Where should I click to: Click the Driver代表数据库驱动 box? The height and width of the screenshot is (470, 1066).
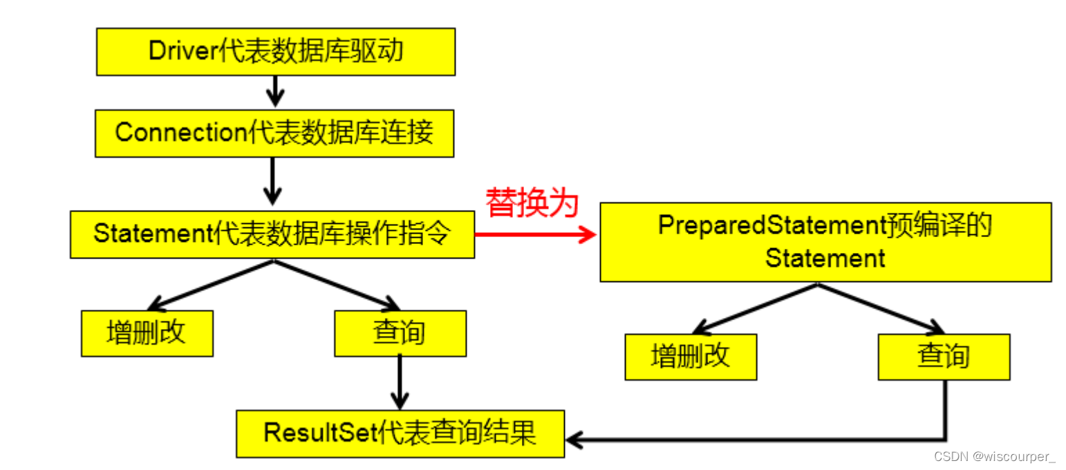click(275, 52)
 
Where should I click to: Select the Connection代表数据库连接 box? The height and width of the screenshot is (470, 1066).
click(274, 133)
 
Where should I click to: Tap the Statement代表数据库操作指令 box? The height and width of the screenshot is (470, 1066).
click(272, 235)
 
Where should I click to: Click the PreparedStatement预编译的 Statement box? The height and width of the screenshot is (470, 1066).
click(825, 242)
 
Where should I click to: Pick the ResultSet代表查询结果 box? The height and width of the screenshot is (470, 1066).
click(400, 433)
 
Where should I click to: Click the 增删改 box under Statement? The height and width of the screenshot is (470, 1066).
click(147, 333)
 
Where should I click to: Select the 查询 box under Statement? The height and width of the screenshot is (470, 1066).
click(400, 333)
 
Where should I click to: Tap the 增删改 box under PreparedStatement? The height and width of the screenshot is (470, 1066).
click(690, 357)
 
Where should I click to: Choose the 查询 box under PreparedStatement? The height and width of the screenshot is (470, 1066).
click(943, 357)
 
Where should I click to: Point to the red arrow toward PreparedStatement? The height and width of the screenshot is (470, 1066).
click(536, 236)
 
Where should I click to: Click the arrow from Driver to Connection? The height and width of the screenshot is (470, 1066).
click(275, 91)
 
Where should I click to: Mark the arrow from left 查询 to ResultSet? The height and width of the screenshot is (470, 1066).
click(400, 384)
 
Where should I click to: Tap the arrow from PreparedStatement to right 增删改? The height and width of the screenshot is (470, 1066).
click(757, 306)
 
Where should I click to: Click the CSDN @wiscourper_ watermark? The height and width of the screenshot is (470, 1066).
click(994, 457)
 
